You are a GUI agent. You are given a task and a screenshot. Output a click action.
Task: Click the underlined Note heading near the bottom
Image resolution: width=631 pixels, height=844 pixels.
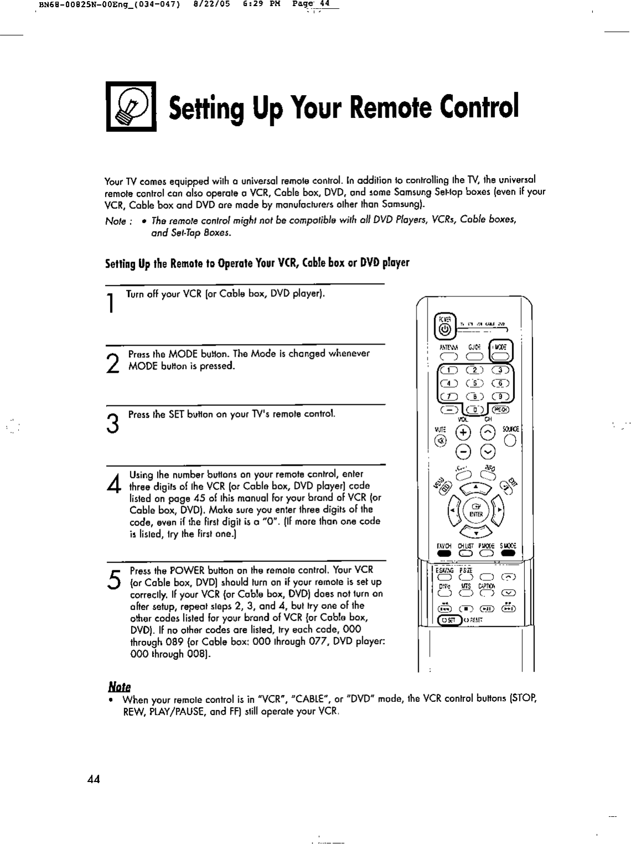coord(117,687)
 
